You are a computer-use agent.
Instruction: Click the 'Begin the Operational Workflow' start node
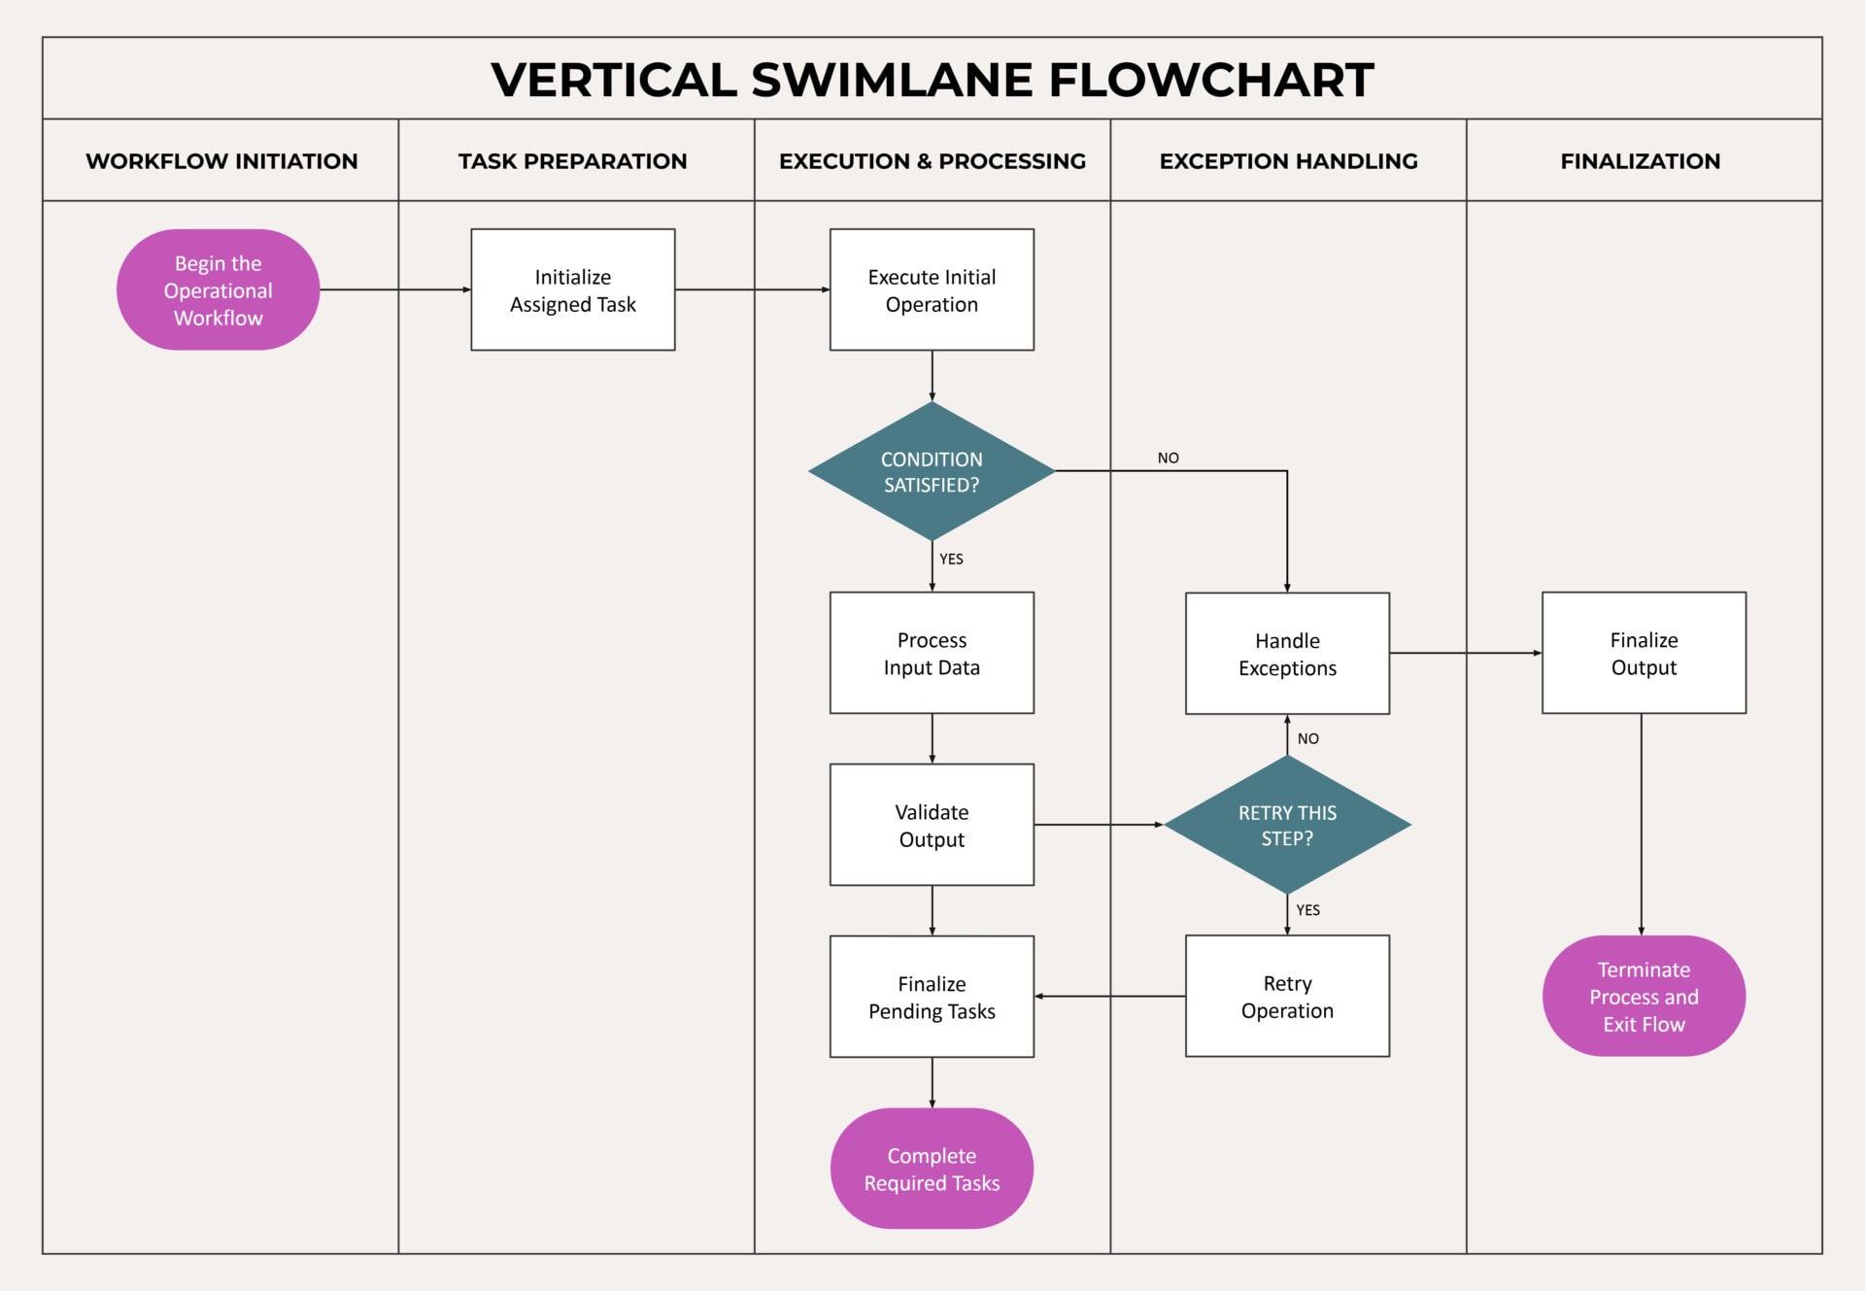click(x=218, y=289)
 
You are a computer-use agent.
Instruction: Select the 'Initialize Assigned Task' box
click(x=572, y=289)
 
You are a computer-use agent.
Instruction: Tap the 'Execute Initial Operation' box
click(x=932, y=289)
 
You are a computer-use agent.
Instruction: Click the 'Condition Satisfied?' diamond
click(x=932, y=471)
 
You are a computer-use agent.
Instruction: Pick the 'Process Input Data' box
click(x=932, y=653)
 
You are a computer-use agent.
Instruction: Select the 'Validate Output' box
click(x=932, y=825)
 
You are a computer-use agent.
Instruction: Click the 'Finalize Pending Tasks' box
click(x=932, y=997)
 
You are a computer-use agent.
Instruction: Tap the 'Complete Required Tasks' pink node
click(x=932, y=1169)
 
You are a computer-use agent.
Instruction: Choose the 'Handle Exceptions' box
click(x=1287, y=654)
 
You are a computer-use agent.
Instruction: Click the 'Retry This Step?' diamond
click(x=1287, y=825)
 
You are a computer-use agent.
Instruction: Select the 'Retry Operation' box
click(x=1287, y=996)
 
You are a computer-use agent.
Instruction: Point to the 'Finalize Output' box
click(x=1644, y=653)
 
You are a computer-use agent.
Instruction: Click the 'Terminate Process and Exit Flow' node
click(x=1644, y=996)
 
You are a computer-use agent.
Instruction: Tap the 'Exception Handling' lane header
click(x=1288, y=161)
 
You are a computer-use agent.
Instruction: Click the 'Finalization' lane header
click(x=1640, y=161)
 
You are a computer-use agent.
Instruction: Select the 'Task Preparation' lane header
click(x=572, y=161)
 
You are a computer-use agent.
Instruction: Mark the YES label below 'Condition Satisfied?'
click(x=951, y=560)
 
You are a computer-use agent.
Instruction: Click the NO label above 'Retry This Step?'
click(x=1308, y=739)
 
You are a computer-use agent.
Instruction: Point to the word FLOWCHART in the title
click(x=1210, y=80)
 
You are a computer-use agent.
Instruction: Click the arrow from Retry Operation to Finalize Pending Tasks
click(x=1109, y=997)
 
